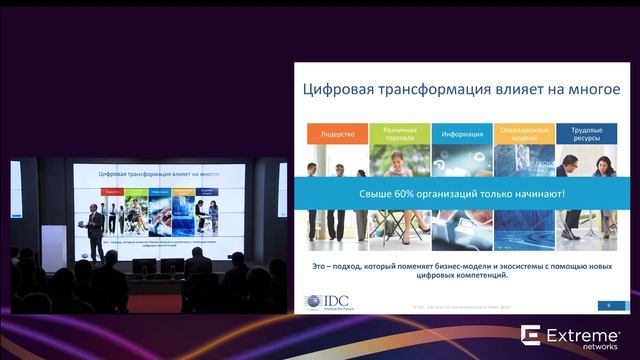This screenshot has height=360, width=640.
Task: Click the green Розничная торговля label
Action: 400,133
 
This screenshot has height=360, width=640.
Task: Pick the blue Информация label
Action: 461,133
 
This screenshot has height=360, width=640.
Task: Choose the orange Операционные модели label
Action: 524,133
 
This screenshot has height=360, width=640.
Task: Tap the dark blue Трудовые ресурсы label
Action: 586,133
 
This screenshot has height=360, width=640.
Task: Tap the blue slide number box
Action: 608,305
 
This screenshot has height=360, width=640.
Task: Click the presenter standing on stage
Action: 94,230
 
